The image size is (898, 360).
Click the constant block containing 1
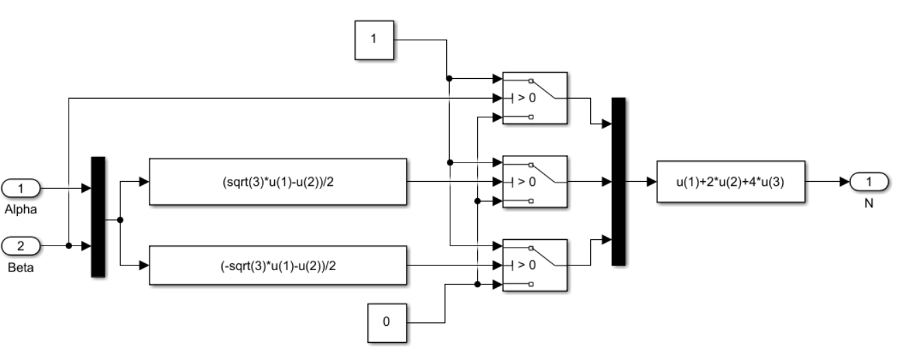point(373,39)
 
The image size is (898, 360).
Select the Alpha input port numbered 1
point(21,187)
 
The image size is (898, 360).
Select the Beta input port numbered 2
point(21,245)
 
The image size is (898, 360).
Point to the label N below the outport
point(869,204)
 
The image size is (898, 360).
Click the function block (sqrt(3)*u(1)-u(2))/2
point(278,182)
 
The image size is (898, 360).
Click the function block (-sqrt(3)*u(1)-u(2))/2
point(278,266)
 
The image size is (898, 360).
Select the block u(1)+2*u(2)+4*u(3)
point(730,182)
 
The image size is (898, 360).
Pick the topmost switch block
point(535,98)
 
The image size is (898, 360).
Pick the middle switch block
point(535,182)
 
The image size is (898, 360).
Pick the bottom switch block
point(535,265)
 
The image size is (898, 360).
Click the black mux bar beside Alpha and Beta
point(98,217)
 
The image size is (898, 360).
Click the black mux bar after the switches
point(618,181)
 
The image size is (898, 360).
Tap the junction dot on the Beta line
point(69,245)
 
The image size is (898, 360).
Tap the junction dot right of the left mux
point(121,220)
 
